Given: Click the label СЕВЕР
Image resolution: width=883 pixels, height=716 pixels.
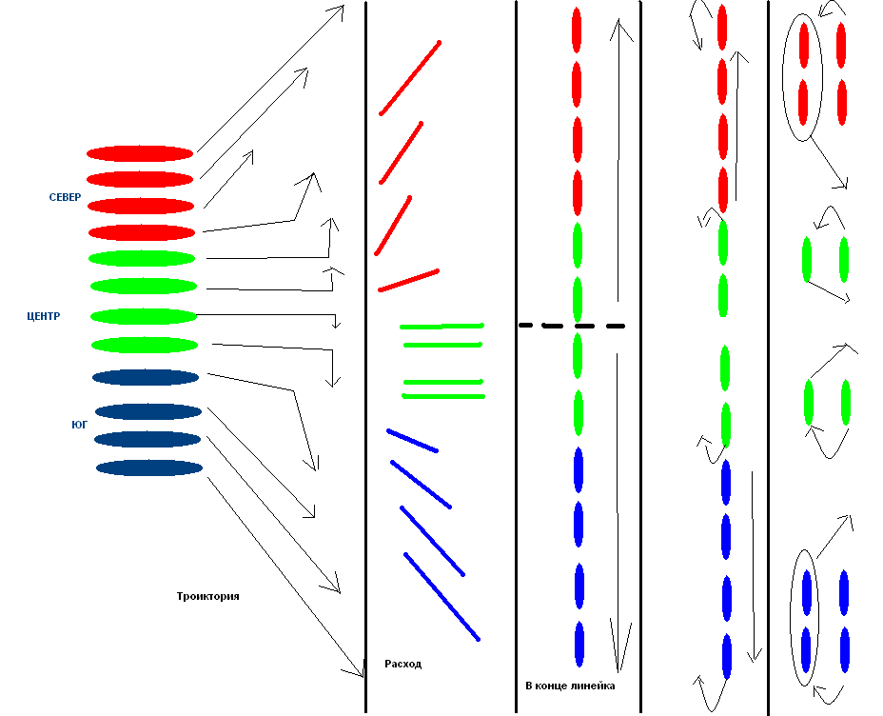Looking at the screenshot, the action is click(x=65, y=197).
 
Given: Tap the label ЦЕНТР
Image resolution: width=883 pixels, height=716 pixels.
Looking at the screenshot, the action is click(x=44, y=316).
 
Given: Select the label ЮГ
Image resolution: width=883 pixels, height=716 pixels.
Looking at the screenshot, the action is click(x=79, y=425).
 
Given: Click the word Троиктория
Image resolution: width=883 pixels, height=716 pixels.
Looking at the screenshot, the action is click(x=207, y=596).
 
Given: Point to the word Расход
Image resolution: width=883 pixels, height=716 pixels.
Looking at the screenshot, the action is click(x=403, y=664).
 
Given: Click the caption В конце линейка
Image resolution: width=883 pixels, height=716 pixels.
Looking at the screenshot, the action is click(x=570, y=686).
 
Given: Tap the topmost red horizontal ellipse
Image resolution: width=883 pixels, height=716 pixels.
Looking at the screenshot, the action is click(x=140, y=153).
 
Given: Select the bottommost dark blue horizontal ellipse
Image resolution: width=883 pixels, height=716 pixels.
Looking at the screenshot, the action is click(x=149, y=467).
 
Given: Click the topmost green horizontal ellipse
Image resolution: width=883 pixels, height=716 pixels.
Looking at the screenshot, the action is click(x=142, y=259).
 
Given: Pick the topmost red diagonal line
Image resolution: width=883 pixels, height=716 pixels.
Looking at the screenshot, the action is click(x=410, y=78).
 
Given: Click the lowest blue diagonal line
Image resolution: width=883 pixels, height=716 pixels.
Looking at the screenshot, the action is click(x=442, y=597).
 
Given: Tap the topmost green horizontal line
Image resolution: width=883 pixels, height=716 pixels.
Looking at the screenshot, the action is click(x=442, y=327).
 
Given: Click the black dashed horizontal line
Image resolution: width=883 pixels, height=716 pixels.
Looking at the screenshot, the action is click(x=572, y=326).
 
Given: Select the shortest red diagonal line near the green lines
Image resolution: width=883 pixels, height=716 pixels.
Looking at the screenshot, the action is click(x=408, y=281).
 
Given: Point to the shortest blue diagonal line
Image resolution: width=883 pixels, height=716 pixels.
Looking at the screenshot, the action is click(x=412, y=441).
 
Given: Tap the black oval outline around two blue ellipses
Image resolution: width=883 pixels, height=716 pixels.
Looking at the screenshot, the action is click(x=792, y=617).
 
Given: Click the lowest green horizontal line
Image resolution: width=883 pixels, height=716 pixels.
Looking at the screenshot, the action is click(x=443, y=396).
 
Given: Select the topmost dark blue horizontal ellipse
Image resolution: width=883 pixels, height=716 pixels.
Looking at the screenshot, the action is click(x=146, y=377).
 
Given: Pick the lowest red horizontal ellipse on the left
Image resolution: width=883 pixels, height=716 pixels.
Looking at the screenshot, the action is click(x=142, y=232).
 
